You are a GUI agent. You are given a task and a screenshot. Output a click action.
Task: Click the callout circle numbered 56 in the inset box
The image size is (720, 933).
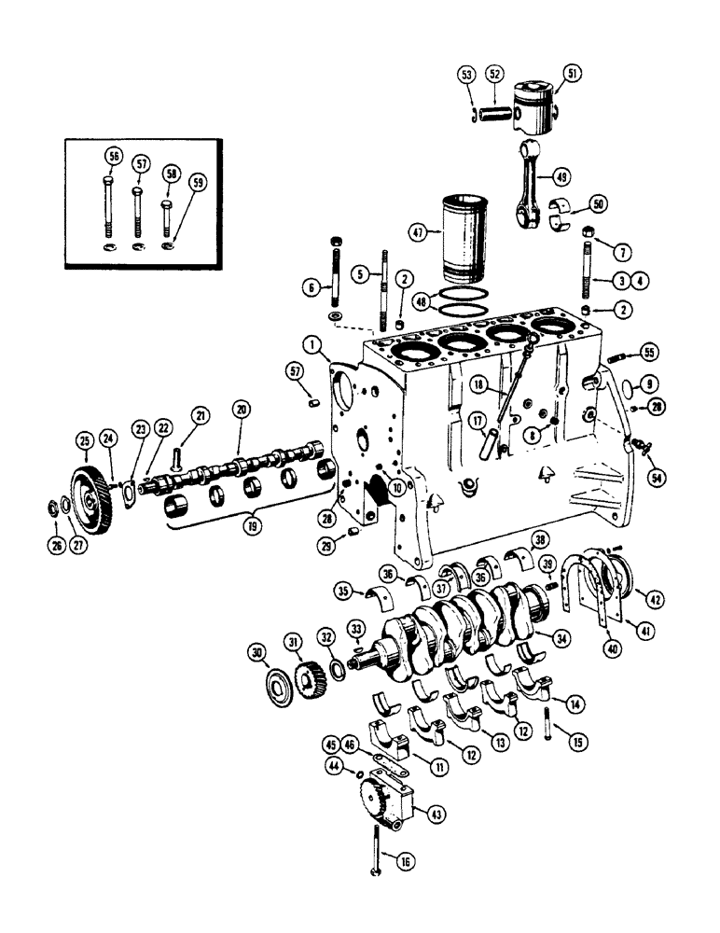pyautogui.click(x=113, y=156)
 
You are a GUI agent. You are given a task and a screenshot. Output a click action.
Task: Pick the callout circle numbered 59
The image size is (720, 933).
pyautogui.click(x=196, y=182)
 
